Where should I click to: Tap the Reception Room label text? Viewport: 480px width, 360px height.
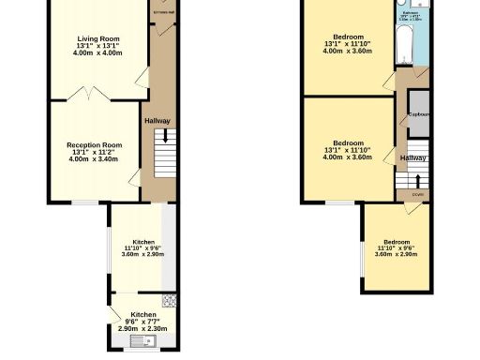(x=95, y=145)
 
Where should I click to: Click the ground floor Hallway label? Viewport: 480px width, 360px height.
(x=157, y=120)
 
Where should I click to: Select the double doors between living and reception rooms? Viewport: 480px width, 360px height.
(x=86, y=94)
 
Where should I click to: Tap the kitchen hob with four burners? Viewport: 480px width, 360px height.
(x=169, y=301)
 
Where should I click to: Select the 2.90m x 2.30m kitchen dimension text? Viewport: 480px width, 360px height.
(x=143, y=329)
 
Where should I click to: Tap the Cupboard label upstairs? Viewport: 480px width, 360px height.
(x=418, y=114)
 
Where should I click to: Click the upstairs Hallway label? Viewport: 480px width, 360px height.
(x=413, y=158)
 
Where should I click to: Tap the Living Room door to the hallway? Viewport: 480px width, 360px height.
(x=142, y=77)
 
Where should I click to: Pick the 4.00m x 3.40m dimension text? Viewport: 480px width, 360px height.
(x=95, y=159)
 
